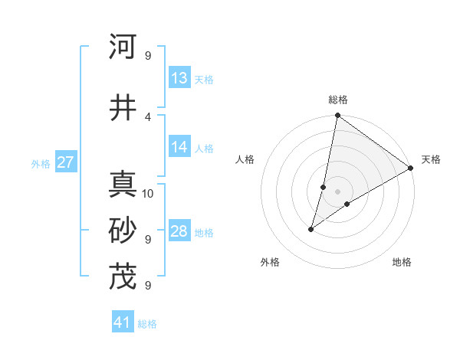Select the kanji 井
tap(123, 107)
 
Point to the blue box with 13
tap(179, 78)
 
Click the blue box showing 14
tap(179, 147)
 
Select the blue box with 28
tap(179, 231)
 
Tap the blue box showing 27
tap(66, 162)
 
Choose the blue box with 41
tap(123, 322)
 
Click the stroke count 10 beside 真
tap(149, 193)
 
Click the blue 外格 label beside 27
tap(41, 163)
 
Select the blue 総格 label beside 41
tap(147, 324)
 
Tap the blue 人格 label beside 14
tap(203, 148)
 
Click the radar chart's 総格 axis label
tap(338, 100)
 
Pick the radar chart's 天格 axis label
tap(431, 159)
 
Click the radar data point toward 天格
tap(411, 169)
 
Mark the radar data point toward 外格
tap(311, 229)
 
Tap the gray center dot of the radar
tap(338, 191)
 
